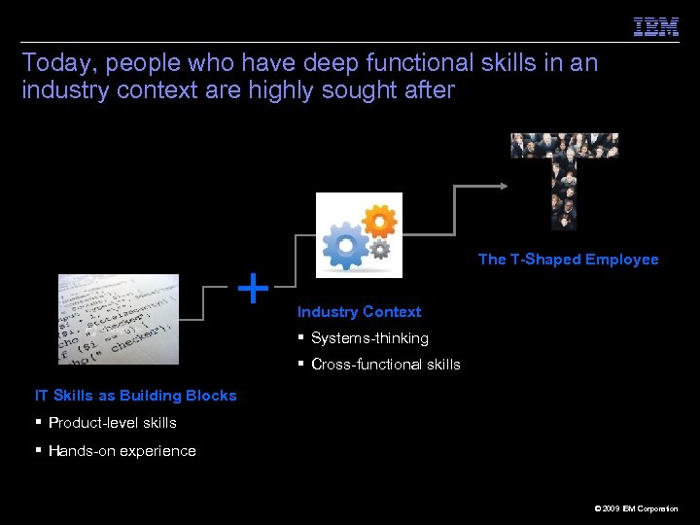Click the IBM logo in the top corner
656,27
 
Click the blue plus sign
253,288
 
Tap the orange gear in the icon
380,222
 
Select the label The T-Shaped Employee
568,260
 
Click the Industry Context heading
359,312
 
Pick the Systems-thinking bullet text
369,338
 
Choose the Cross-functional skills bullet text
385,365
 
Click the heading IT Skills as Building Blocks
135,396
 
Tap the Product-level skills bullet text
112,423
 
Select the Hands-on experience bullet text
122,451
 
